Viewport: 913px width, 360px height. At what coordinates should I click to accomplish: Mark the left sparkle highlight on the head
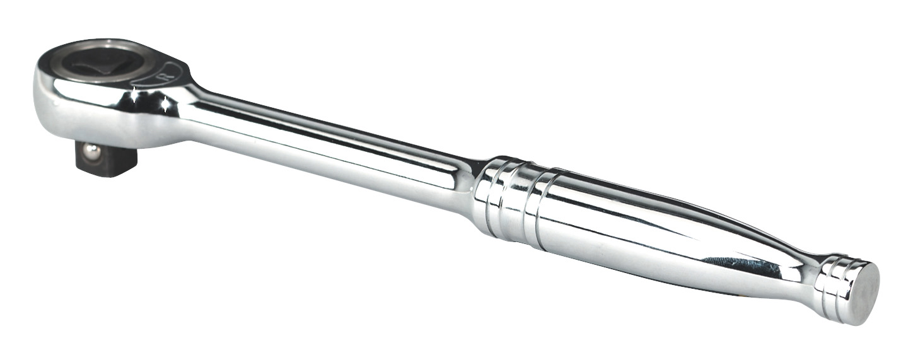point(134,94)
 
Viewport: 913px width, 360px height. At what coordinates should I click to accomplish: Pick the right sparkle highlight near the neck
point(165,104)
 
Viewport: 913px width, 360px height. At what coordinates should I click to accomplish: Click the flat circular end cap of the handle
point(861,293)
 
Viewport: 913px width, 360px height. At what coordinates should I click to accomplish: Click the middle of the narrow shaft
point(328,151)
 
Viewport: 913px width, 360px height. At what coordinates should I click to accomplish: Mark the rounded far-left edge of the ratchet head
point(38,95)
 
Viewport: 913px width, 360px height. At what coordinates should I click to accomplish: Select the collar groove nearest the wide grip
point(533,205)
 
